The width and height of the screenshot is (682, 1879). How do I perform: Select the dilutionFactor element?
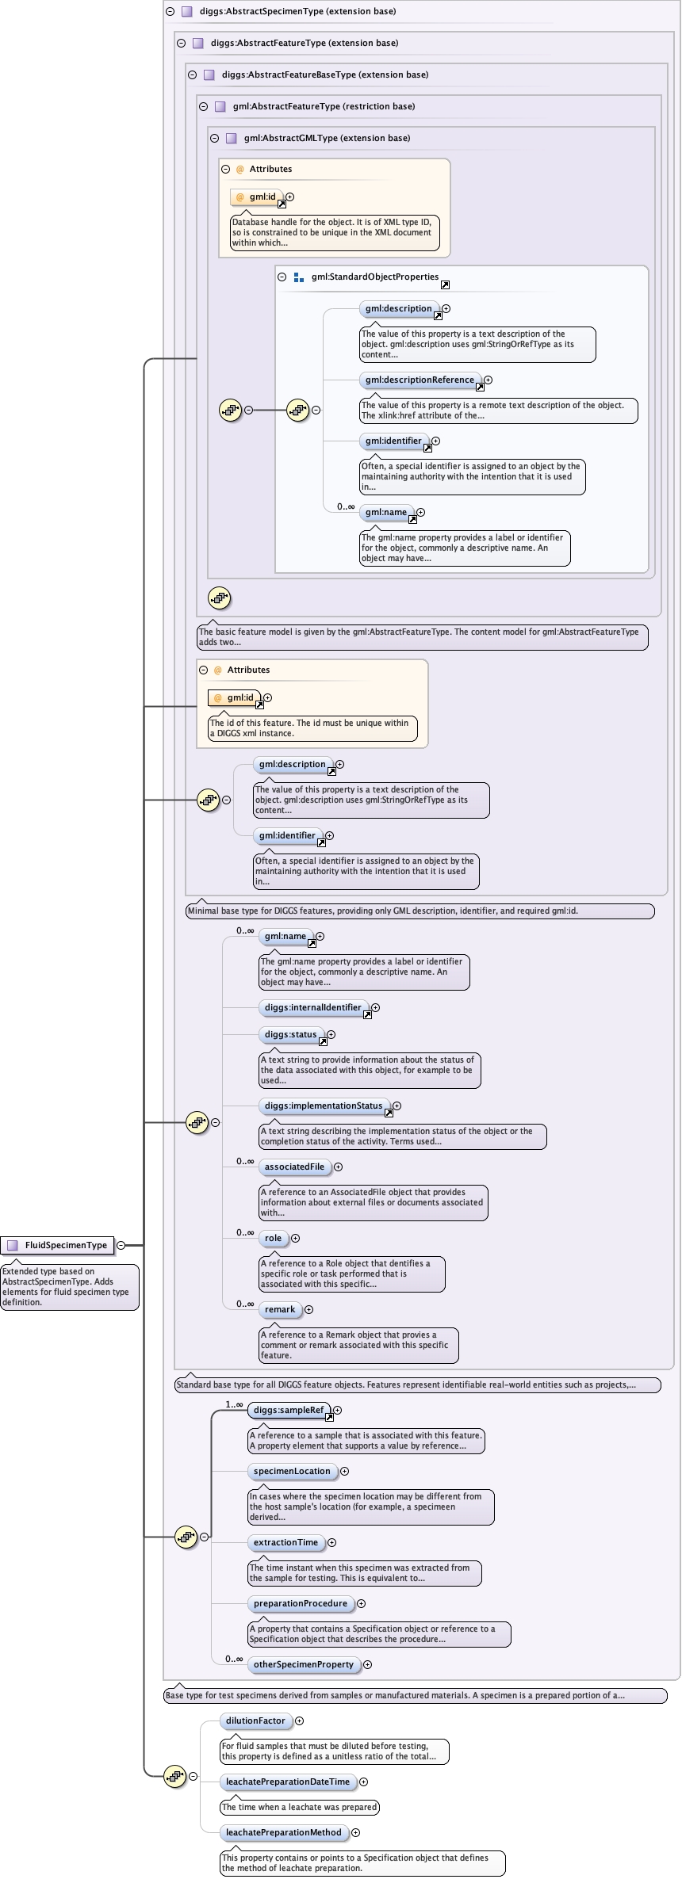255,1721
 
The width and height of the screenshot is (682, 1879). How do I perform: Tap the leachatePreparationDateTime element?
287,1782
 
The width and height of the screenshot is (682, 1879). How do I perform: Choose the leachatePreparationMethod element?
283,1832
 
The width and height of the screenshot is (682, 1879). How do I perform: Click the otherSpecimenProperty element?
303,1664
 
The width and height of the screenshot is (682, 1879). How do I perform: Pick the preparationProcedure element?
300,1603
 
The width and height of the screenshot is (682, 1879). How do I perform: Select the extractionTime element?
285,1542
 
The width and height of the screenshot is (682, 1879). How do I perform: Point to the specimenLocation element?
291,1471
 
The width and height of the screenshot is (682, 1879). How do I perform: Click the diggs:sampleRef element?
289,1410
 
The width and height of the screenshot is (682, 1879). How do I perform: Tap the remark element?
279,1309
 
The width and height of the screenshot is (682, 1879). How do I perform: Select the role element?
273,1238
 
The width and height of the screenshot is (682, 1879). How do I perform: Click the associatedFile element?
294,1167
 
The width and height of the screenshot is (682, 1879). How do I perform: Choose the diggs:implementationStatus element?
323,1106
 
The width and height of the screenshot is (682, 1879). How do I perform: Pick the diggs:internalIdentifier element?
312,1007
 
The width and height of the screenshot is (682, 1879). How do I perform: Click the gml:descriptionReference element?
420,380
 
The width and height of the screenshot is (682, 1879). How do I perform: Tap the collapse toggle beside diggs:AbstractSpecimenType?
170,11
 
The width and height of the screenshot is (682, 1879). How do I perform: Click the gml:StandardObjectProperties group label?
374,277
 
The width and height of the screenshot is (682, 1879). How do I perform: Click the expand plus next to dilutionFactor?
299,1721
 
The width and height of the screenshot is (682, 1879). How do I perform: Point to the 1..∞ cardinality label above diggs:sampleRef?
234,1404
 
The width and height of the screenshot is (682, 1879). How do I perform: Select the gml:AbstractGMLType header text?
327,138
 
